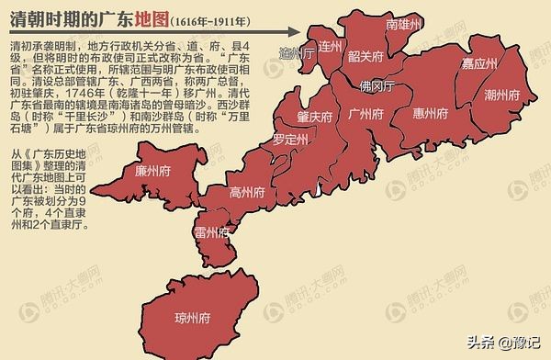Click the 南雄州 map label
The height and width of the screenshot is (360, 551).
pyautogui.click(x=403, y=24)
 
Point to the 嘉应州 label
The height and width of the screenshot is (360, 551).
pyautogui.click(x=479, y=63)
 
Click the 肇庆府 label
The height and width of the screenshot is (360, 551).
pyautogui.click(x=314, y=118)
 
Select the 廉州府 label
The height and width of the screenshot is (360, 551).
pyautogui.click(x=152, y=171)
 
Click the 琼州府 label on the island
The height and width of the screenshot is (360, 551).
pyautogui.click(x=192, y=318)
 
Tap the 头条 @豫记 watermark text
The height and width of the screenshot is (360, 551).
pyautogui.click(x=504, y=342)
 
